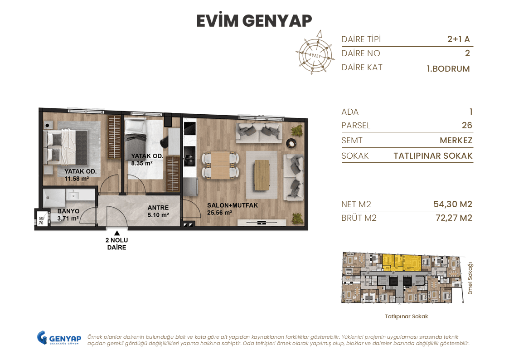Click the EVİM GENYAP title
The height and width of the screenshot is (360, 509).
pos(254,21)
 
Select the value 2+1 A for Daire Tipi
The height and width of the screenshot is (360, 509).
pos(458,39)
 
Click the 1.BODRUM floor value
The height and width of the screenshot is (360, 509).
pos(448,69)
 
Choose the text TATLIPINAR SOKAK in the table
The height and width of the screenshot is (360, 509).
pos(432,156)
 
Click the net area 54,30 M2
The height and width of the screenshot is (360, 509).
pos(452,204)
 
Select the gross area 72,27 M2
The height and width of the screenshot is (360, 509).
pos(452,218)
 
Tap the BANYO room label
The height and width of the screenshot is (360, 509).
pos(68,211)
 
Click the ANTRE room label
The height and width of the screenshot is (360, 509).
pos(158,208)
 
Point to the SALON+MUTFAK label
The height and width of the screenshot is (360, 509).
pos(232,205)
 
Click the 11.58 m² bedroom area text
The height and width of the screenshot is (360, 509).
pos(76,179)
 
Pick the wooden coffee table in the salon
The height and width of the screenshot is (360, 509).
pos(262,175)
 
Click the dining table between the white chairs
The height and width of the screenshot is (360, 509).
pos(220,165)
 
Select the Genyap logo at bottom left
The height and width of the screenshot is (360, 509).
pos(59,338)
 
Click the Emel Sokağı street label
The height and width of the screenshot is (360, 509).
pos(470,278)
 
